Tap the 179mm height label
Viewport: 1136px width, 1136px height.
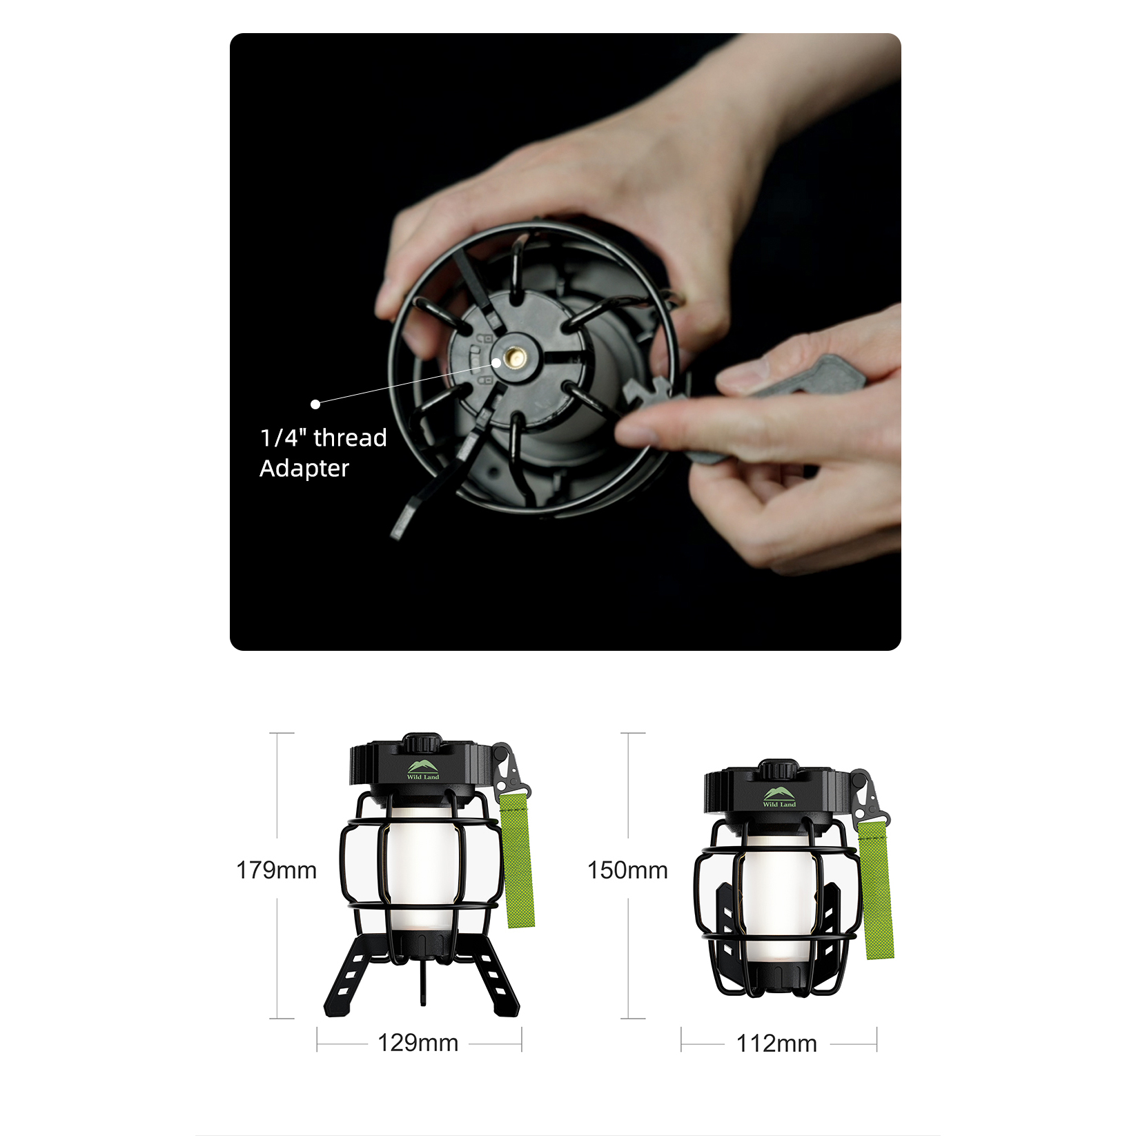tap(276, 870)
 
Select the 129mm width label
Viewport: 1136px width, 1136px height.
tap(418, 1042)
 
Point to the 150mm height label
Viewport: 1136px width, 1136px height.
tap(627, 870)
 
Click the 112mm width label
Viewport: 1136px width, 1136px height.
tap(776, 1044)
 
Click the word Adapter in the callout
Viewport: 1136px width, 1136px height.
tap(304, 469)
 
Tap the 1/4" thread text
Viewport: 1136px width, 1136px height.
tap(323, 438)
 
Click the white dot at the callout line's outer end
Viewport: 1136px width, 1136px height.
tap(315, 404)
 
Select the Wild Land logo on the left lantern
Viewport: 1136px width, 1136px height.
tap(423, 770)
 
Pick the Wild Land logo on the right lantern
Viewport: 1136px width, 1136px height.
tap(779, 797)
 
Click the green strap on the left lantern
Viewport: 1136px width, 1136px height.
tap(516, 860)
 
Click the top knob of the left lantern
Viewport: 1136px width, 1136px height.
tap(422, 743)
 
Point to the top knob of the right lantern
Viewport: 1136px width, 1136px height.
tap(778, 770)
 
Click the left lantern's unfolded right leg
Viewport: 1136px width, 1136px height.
tap(491, 975)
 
